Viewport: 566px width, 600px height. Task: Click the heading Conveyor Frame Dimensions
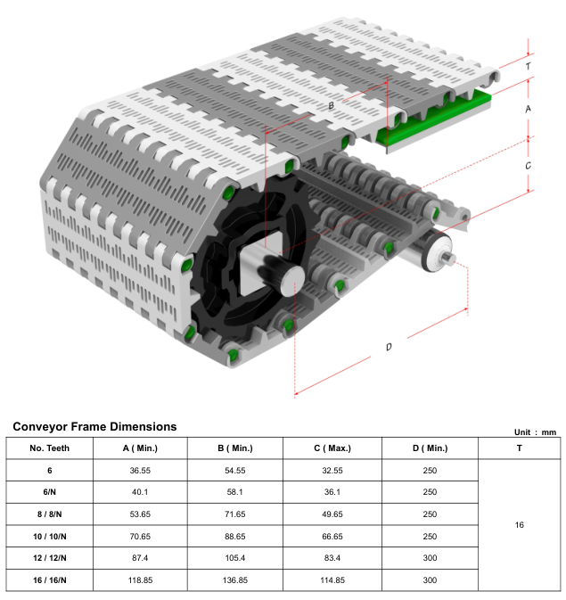94,427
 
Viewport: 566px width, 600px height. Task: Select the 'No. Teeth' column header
49,448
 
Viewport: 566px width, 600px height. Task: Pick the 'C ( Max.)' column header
332,448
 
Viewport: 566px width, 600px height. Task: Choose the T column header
520,448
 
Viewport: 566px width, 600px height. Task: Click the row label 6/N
49,491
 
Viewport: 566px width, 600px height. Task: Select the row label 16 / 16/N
49,580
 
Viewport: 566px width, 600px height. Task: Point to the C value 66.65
332,536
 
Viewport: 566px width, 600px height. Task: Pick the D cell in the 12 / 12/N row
430,558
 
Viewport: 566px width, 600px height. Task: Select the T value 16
520,525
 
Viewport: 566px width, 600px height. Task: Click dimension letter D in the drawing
388,347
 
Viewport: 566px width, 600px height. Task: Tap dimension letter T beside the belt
529,66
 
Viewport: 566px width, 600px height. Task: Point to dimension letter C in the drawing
529,166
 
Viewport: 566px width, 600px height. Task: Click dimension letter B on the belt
331,106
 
